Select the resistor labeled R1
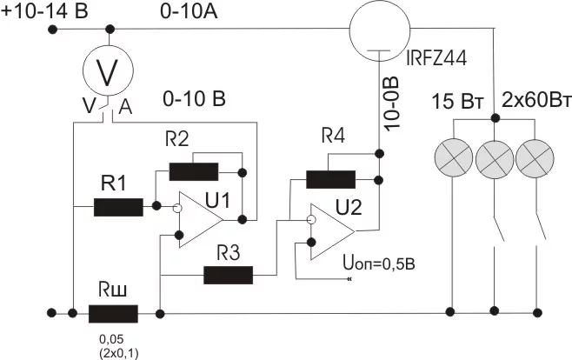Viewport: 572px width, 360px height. (x=118, y=207)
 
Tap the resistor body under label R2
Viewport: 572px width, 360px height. (x=194, y=171)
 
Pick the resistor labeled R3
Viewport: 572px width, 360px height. (x=228, y=276)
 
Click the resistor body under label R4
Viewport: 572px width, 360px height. (x=331, y=179)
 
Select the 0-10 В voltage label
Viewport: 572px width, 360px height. (x=194, y=99)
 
